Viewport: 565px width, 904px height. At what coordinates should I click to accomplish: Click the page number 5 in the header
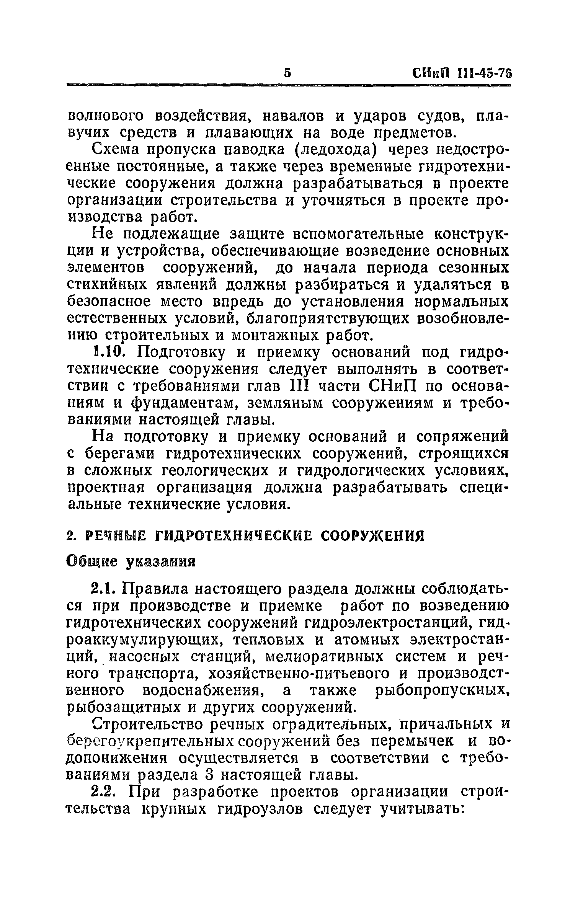(287, 73)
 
